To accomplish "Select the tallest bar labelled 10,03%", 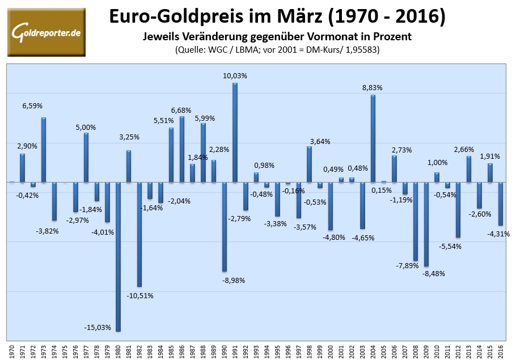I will tap(235, 133).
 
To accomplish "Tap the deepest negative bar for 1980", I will tap(118, 256).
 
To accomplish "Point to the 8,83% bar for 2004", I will tap(373, 138).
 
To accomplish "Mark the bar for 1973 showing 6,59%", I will tap(44, 150).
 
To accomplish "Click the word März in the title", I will tap(290, 18).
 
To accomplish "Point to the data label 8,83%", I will tap(373, 87).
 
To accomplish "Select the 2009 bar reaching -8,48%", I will tap(426, 224).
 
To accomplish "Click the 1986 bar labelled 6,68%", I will tap(182, 149).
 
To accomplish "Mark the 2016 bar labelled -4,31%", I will tap(501, 204).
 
